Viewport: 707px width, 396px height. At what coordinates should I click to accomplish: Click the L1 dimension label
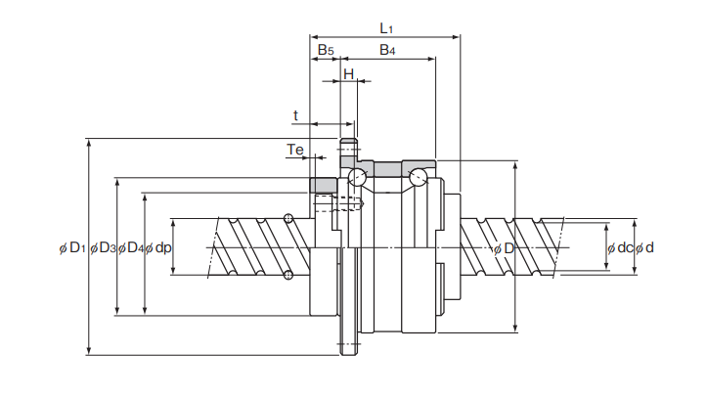(x=387, y=27)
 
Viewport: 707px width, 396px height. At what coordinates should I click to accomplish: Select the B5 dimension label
(x=326, y=49)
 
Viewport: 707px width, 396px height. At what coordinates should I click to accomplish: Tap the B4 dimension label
(x=387, y=49)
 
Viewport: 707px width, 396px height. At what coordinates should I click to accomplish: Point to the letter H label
(x=348, y=74)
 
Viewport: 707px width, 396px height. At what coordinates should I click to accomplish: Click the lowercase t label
(x=296, y=115)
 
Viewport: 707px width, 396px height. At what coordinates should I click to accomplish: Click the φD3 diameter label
(x=103, y=248)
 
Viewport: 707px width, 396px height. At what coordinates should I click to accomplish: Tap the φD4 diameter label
(x=131, y=248)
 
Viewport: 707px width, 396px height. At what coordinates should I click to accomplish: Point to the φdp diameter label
(x=158, y=248)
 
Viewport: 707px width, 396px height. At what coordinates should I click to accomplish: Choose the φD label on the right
(x=504, y=248)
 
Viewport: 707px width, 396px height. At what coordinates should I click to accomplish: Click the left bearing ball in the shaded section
(x=357, y=176)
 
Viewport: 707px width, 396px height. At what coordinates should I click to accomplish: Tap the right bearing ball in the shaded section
(x=420, y=177)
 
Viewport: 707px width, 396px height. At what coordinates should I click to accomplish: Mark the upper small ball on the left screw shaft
(x=288, y=218)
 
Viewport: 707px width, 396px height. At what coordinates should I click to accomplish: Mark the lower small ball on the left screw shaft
(x=288, y=275)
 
